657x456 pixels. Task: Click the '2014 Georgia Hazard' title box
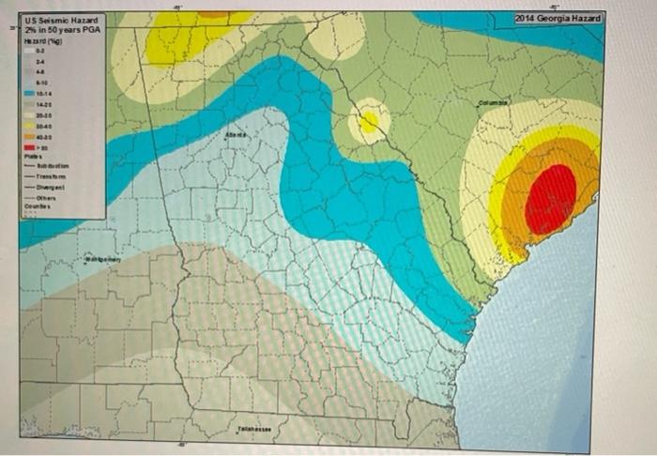click(558, 20)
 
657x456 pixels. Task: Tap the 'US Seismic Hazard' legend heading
click(60, 21)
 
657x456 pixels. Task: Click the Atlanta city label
click(237, 137)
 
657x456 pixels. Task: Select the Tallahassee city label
click(254, 428)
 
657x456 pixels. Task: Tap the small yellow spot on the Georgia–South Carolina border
click(368, 121)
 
